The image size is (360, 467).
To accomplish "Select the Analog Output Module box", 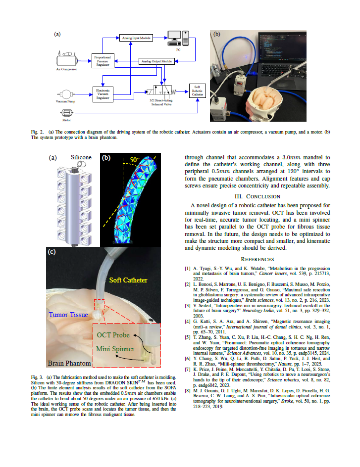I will [156, 61].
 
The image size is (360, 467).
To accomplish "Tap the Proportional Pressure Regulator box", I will [103, 61].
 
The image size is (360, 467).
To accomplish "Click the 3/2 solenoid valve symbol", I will [161, 92].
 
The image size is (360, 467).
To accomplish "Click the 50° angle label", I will [135, 160].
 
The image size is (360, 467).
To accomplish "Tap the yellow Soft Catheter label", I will [128, 280].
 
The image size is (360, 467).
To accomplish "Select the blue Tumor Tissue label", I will [68, 315].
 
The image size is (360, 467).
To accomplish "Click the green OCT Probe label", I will [113, 335].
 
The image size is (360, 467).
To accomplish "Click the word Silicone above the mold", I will [81, 157].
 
